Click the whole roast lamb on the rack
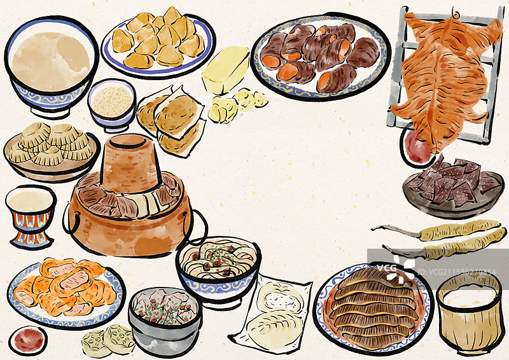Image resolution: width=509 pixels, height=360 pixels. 445,70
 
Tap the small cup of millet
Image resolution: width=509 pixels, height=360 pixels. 112,103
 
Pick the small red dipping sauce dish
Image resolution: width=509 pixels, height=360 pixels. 28,339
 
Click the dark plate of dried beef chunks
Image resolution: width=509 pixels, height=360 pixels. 452,184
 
